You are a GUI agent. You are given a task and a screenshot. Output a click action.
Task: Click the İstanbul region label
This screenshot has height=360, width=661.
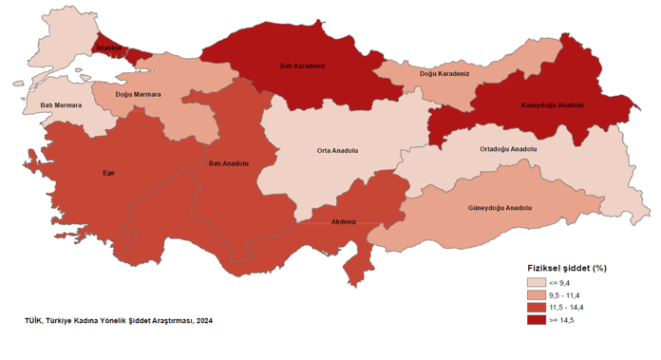108,47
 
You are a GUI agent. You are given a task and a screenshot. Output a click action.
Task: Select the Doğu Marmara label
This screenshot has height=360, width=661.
138,95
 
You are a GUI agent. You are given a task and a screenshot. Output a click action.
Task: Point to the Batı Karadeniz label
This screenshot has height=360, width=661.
303,66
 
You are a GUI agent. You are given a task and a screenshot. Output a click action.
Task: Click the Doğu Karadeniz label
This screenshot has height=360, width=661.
444,73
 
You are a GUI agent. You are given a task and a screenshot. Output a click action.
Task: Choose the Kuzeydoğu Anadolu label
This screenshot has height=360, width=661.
552,104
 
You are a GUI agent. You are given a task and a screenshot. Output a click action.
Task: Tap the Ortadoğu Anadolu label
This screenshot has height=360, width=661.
508,149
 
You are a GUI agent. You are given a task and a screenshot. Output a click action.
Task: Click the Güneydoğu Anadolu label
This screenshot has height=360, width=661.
500,208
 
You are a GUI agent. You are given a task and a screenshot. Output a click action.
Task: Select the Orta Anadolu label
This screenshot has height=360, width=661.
337,150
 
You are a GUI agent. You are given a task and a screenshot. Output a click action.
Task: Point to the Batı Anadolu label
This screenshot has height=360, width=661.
229,163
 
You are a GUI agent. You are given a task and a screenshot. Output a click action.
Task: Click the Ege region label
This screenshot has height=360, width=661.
108,173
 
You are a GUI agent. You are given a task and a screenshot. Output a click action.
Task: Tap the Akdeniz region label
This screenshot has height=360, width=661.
343,221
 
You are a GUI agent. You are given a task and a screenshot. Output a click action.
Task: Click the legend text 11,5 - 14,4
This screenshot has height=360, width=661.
568,308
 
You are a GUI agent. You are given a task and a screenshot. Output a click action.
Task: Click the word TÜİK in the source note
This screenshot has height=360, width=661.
34,321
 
